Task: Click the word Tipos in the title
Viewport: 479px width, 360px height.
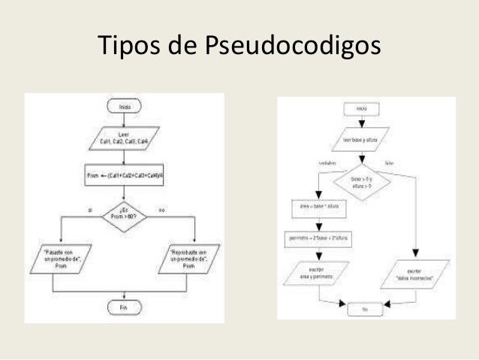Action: tap(129, 47)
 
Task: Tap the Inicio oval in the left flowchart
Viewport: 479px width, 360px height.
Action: tap(125, 108)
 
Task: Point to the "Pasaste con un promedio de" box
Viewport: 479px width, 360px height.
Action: tap(60, 257)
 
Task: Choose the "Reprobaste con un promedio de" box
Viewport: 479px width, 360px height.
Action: tap(188, 257)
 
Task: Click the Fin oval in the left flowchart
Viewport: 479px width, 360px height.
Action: tap(125, 307)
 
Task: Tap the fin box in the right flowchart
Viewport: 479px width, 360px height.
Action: tap(365, 307)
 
